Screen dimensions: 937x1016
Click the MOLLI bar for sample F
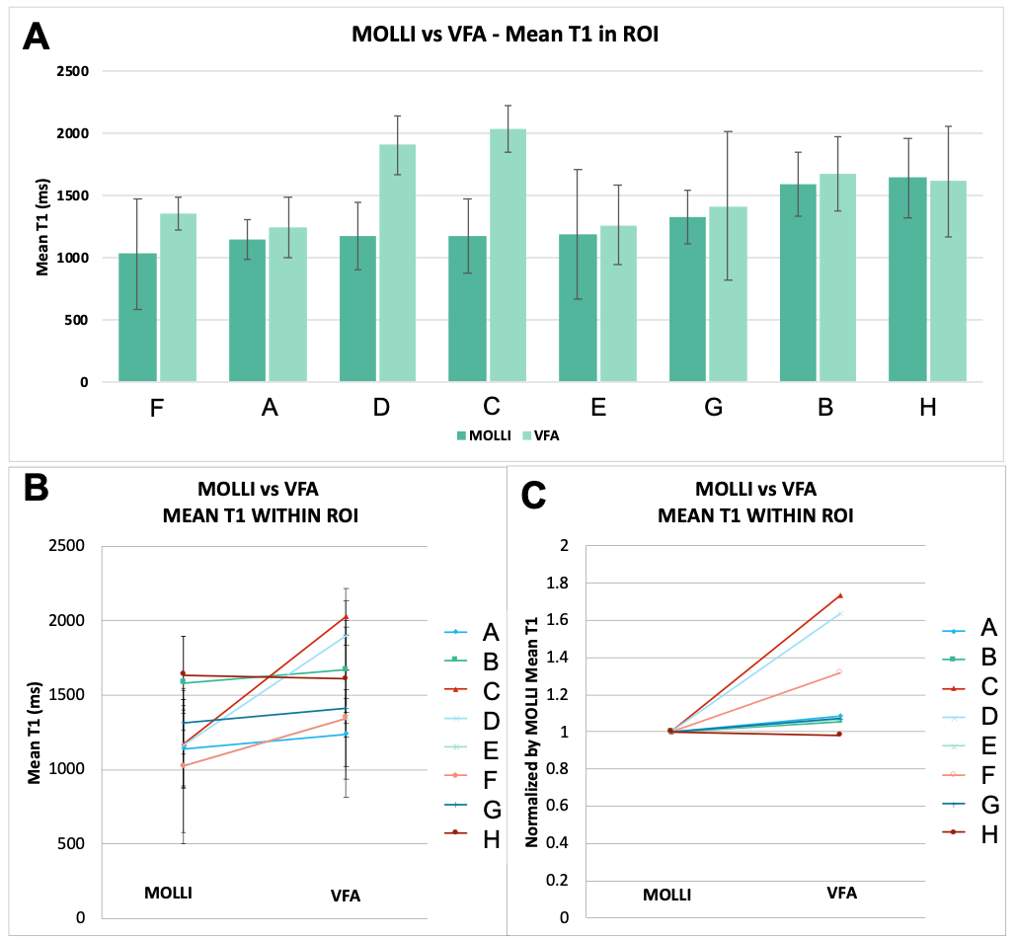click(x=137, y=317)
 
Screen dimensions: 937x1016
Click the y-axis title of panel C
click(x=531, y=731)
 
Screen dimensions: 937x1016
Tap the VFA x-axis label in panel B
click(x=346, y=896)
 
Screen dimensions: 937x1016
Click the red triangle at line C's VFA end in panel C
click(x=840, y=595)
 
